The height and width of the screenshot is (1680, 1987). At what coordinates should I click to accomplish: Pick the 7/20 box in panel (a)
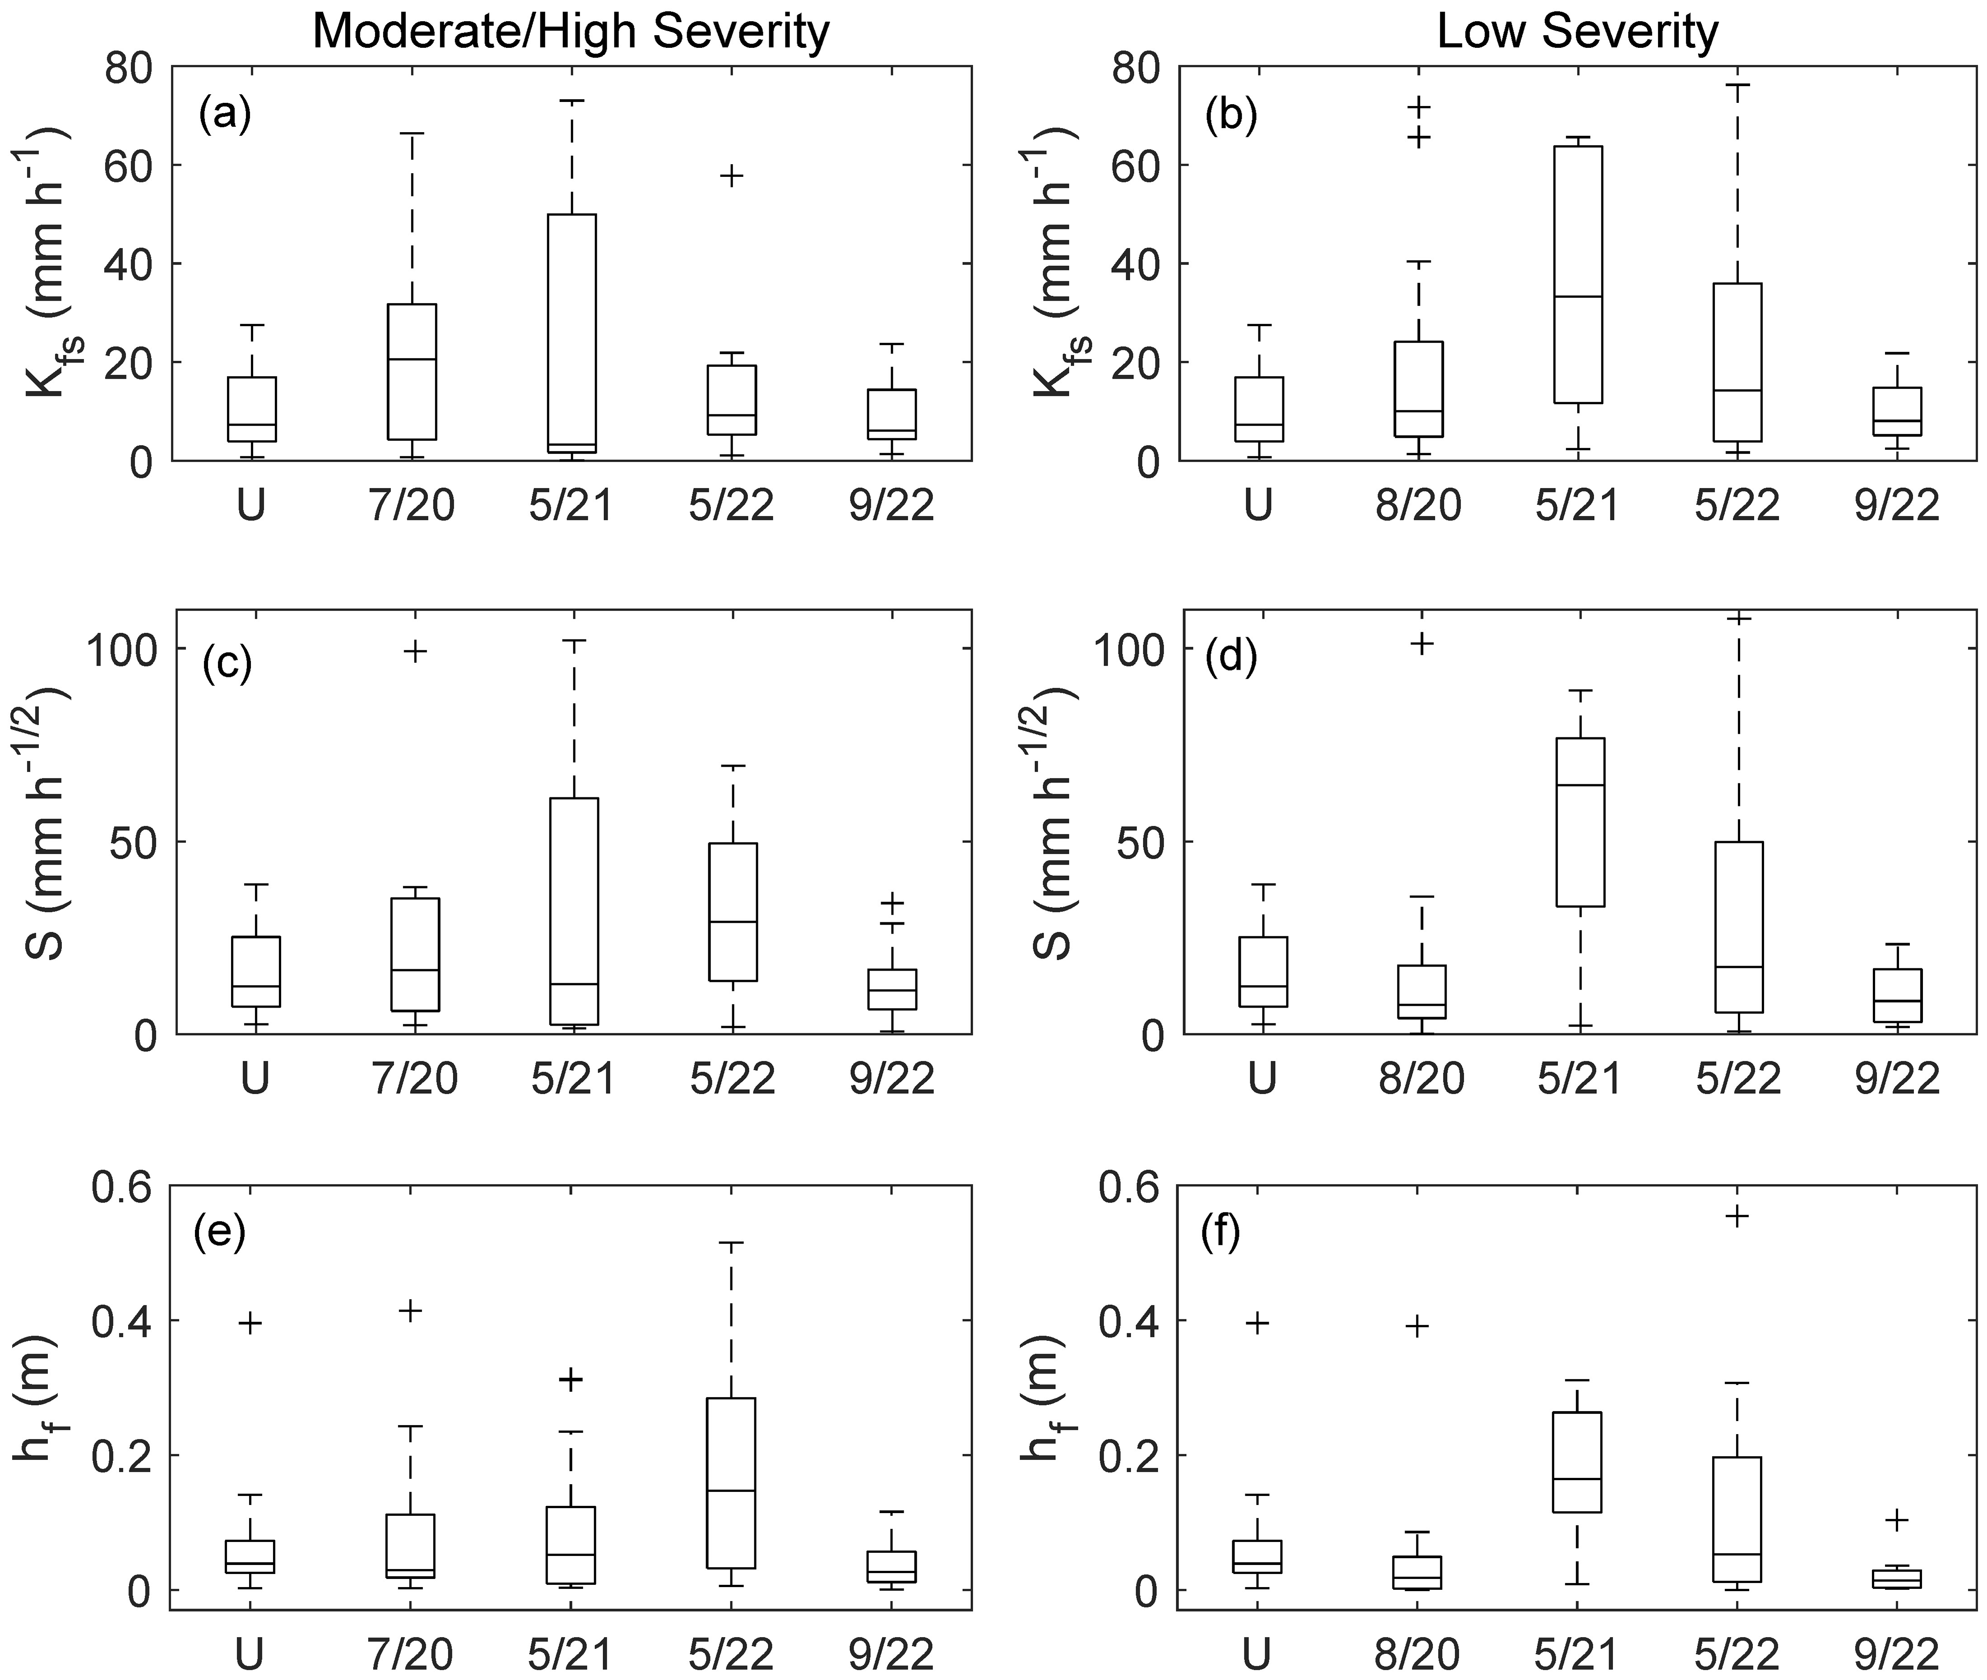[x=412, y=371]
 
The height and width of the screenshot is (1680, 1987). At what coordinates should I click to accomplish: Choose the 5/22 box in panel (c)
[x=733, y=912]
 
